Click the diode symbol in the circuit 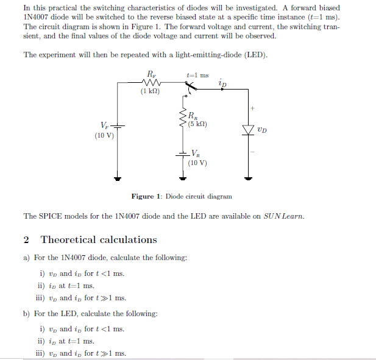tap(248, 130)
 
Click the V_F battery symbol tap(117, 126)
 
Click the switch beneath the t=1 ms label tap(190, 88)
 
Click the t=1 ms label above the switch tap(197, 75)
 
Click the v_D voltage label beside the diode tap(262, 129)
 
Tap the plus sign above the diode tap(252, 108)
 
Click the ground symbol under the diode tap(248, 178)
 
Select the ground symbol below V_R tap(182, 178)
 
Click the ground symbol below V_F tap(117, 178)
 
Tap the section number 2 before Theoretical tap(26, 240)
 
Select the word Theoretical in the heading tap(66, 240)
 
